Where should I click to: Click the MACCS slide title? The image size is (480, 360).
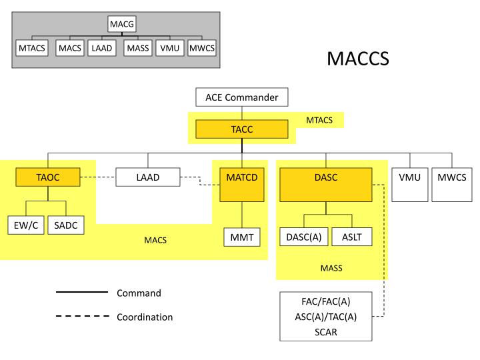tap(358, 59)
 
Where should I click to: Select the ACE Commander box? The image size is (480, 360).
tap(241, 97)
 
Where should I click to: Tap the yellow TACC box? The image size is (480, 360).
tap(241, 129)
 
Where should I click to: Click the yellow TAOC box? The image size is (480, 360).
tap(48, 177)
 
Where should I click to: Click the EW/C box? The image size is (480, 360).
tap(25, 225)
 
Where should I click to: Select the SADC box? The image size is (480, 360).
tap(65, 225)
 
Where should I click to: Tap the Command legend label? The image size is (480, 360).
tap(139, 293)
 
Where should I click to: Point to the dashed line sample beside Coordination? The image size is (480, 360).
tap(82, 317)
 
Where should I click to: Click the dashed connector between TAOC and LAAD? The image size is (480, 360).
tap(98, 177)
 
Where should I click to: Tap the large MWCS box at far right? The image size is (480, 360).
tap(451, 185)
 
